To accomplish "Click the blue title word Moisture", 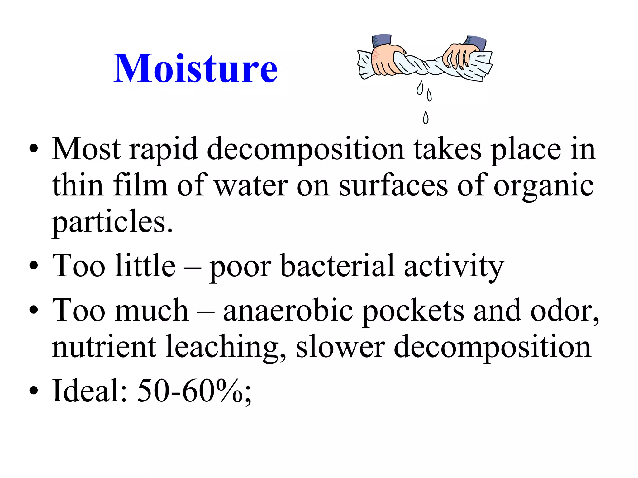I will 195,68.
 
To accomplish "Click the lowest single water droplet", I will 426,118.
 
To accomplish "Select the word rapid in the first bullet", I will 164,150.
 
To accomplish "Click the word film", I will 140,186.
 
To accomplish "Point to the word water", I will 251,186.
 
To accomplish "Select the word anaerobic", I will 288,310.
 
